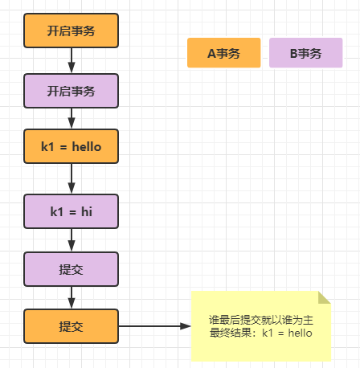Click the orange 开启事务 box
click(x=72, y=31)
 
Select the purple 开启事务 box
click(x=72, y=91)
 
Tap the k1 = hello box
click(x=72, y=147)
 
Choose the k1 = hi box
click(x=72, y=212)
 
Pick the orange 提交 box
click(x=72, y=327)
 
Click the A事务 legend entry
click(x=223, y=54)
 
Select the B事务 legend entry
click(x=305, y=54)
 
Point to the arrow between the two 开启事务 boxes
click(x=72, y=61)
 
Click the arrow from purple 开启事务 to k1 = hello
click(x=72, y=119)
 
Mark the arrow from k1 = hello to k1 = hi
click(x=72, y=179)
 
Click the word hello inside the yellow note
click(x=297, y=333)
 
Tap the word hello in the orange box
click(x=87, y=147)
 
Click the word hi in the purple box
click(x=86, y=212)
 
